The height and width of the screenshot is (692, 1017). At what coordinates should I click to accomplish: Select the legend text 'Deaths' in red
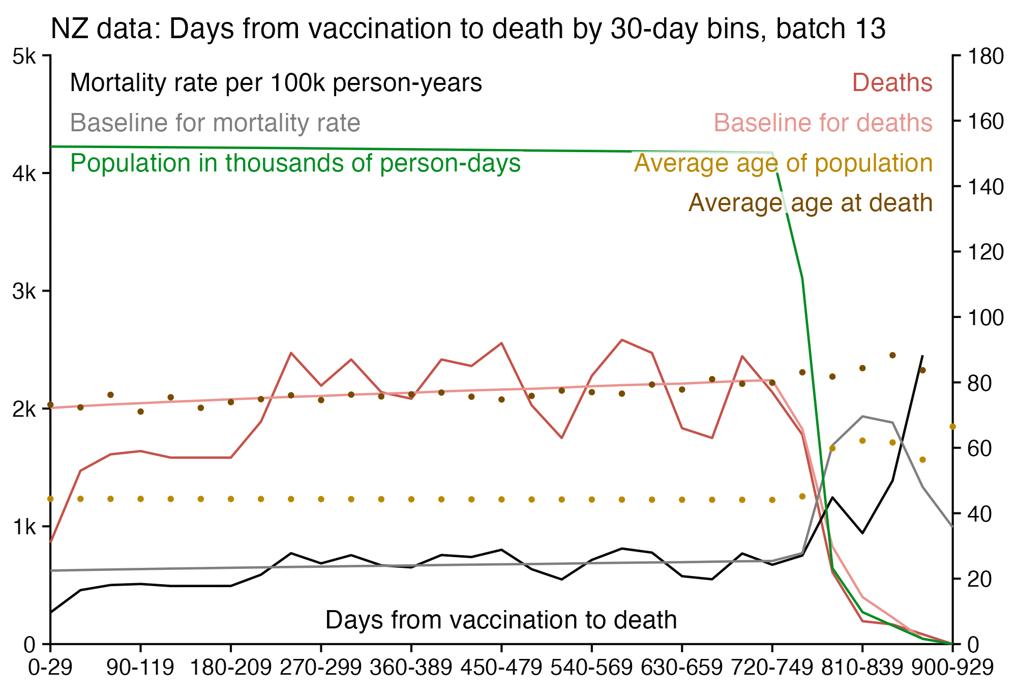[892, 83]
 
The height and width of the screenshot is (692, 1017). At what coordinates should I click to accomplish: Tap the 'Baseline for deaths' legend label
[823, 123]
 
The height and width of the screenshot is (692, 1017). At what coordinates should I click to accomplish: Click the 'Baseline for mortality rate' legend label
[215, 123]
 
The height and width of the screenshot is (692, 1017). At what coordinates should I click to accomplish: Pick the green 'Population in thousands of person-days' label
[295, 163]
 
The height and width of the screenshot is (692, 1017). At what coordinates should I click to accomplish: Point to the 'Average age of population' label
[783, 163]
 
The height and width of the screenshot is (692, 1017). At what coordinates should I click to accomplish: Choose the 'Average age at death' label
[811, 203]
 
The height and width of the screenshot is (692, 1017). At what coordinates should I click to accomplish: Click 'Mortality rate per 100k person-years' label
[276, 83]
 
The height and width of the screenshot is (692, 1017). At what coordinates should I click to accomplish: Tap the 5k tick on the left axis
[24, 56]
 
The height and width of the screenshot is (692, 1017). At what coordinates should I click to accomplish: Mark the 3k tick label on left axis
[24, 292]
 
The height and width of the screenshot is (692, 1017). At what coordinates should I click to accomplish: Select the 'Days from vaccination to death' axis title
[501, 620]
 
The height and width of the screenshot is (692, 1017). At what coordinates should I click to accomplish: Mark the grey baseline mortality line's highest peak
[862, 416]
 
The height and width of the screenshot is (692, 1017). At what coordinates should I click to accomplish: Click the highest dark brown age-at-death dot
[892, 355]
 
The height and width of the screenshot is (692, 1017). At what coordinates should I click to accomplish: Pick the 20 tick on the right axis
[979, 579]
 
